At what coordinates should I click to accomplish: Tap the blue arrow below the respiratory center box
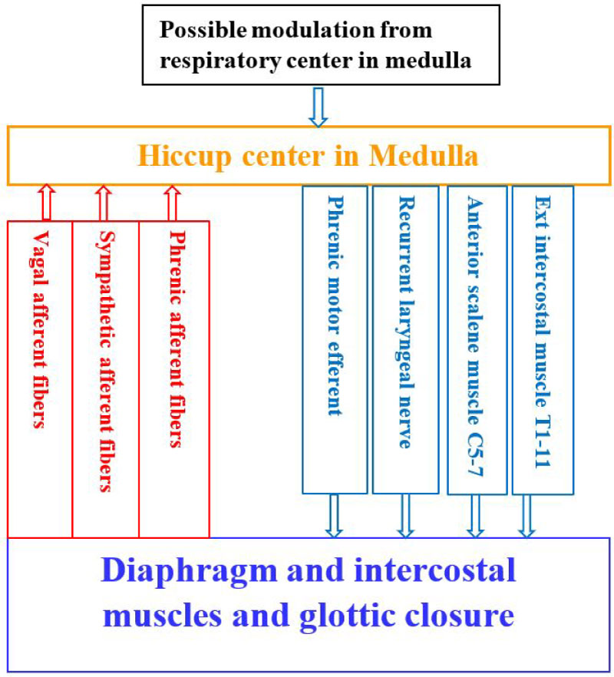pos(317,107)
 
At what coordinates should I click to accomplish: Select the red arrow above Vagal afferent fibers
pos(45,203)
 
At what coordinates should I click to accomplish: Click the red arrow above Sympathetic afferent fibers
pos(104,203)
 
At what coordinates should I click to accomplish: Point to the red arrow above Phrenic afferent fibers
pos(171,203)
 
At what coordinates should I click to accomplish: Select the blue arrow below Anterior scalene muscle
pos(475,515)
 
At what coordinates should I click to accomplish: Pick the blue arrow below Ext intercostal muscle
pos(527,515)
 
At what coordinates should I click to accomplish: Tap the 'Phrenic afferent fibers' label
pos(175,338)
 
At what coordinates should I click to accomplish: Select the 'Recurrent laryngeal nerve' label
pos(404,322)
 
